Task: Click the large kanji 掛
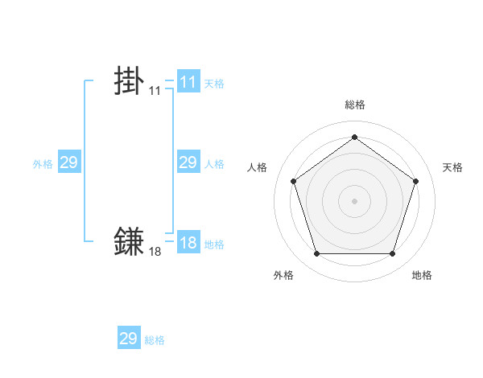(130, 81)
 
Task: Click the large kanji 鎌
(130, 240)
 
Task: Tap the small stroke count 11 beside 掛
(155, 91)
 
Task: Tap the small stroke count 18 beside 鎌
(155, 252)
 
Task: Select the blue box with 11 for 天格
(188, 82)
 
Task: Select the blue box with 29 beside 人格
(188, 162)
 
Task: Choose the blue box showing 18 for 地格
(188, 243)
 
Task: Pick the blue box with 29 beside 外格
(68, 162)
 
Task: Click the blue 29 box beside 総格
(128, 339)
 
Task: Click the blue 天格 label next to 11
(213, 83)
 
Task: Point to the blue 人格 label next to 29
(213, 163)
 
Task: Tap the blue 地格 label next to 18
(213, 244)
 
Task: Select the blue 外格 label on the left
(43, 163)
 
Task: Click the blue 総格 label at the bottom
(155, 340)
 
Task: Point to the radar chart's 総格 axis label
(354, 105)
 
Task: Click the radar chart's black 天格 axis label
(452, 167)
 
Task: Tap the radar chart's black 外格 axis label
(283, 275)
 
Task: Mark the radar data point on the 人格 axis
(293, 181)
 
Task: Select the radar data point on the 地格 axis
(392, 254)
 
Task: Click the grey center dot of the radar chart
(354, 200)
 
